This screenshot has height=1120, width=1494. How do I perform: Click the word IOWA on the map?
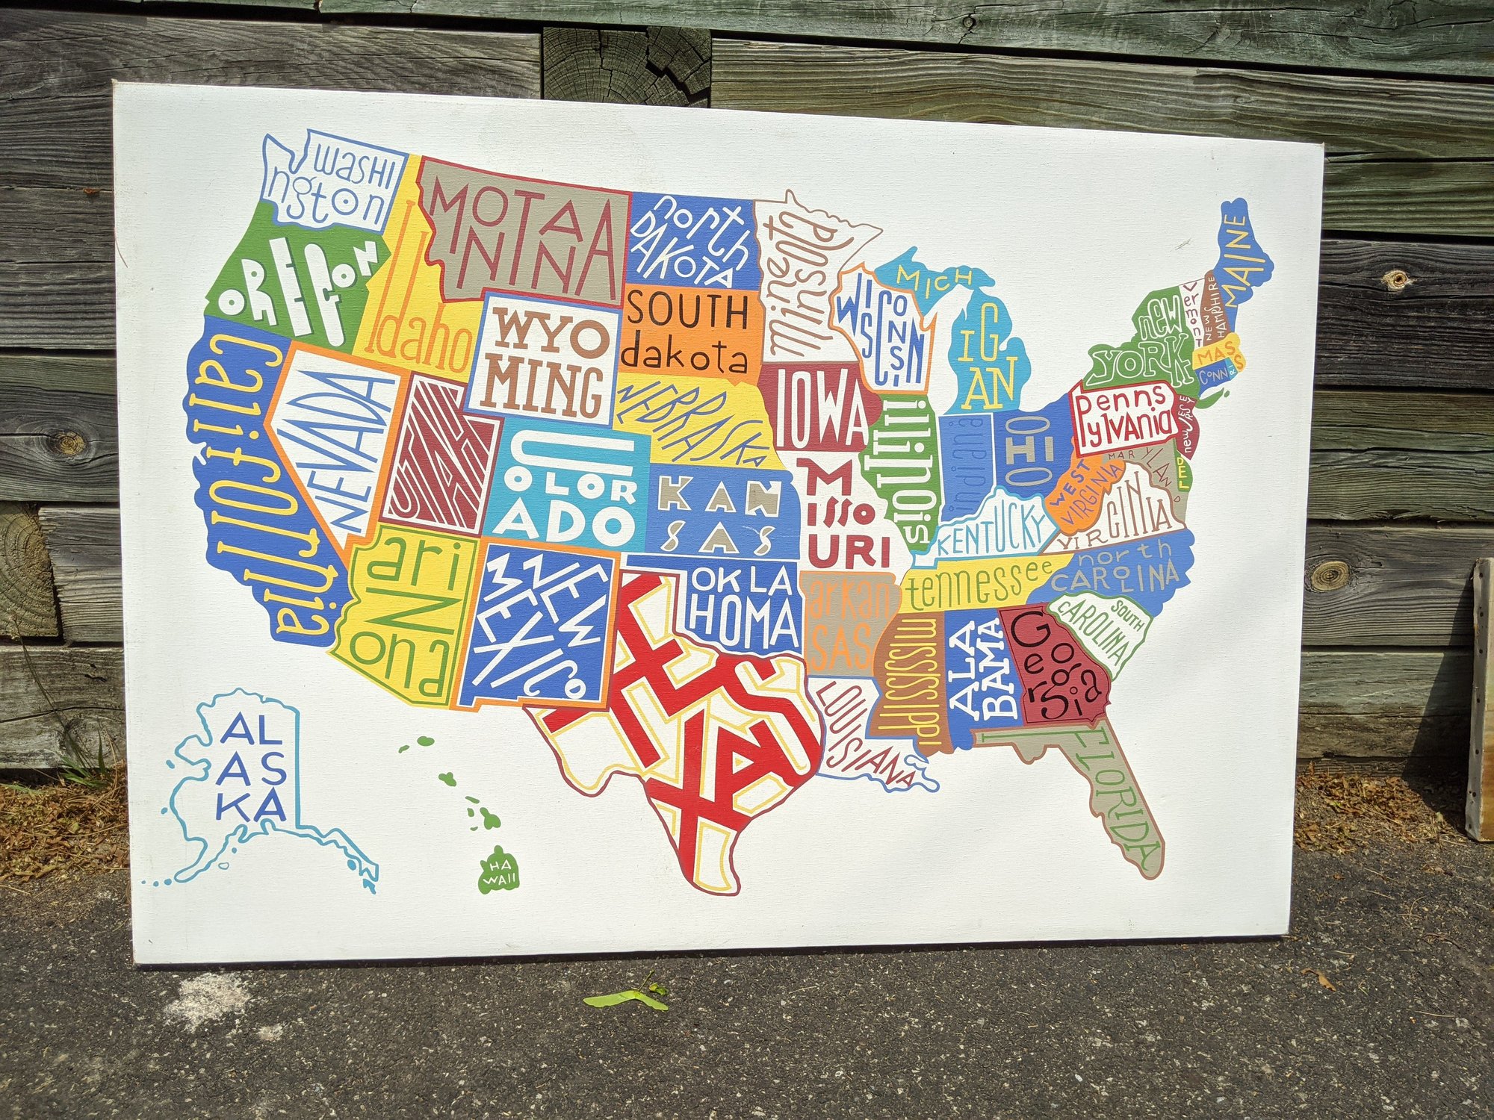tap(819, 410)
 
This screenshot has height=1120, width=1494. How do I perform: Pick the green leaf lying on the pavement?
tap(626, 998)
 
